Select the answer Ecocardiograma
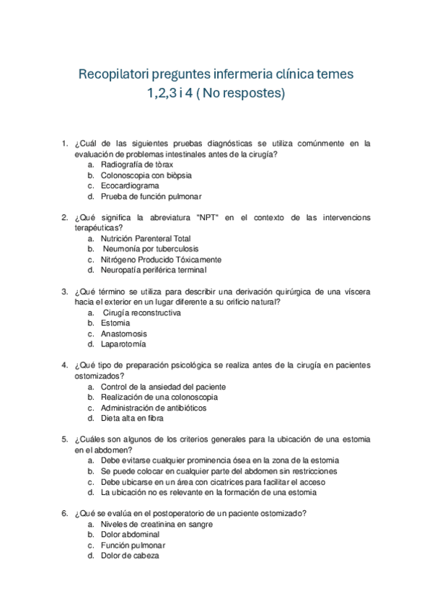pyautogui.click(x=130, y=185)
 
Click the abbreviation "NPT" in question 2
pyautogui.click(x=207, y=217)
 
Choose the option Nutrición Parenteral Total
pyautogui.click(x=146, y=238)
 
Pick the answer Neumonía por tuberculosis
pyautogui.click(x=149, y=249)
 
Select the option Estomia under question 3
pyautogui.click(x=115, y=323)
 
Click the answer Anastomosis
pyautogui.click(x=123, y=334)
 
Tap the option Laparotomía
pyautogui.click(x=123, y=344)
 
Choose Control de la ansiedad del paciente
pyautogui.click(x=163, y=387)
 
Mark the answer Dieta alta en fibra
pyautogui.click(x=132, y=418)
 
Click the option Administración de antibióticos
pyautogui.click(x=154, y=408)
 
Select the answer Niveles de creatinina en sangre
pyautogui.click(x=152, y=524)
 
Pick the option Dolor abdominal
pyautogui.click(x=130, y=535)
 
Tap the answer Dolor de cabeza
pyautogui.click(x=130, y=556)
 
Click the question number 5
pyautogui.click(x=65, y=440)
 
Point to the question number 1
pyautogui.click(x=65, y=144)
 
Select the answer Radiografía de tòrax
pyautogui.click(x=137, y=165)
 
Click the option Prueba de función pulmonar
pyautogui.click(x=151, y=196)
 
